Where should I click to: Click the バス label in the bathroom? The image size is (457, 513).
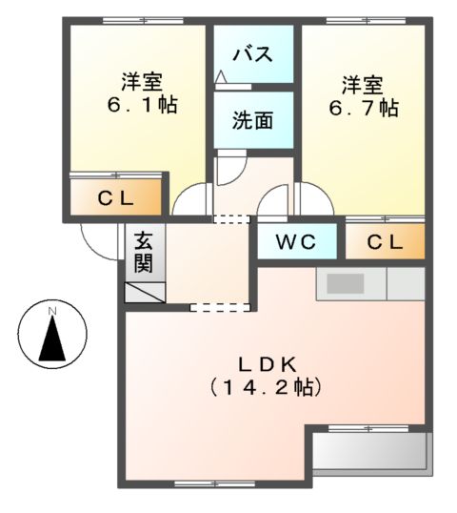pos(252,52)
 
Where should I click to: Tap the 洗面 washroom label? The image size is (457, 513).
pos(252,120)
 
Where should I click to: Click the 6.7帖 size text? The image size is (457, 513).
pos(363,108)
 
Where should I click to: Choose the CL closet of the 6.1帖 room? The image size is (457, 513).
pos(119,199)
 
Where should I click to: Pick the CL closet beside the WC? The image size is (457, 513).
pos(385,242)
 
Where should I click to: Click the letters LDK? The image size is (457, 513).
pos(268,363)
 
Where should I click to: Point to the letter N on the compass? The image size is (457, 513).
pos(53,312)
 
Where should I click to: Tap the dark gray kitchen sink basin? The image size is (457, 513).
pos(347,283)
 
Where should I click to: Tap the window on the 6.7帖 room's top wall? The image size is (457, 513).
pos(352,20)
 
